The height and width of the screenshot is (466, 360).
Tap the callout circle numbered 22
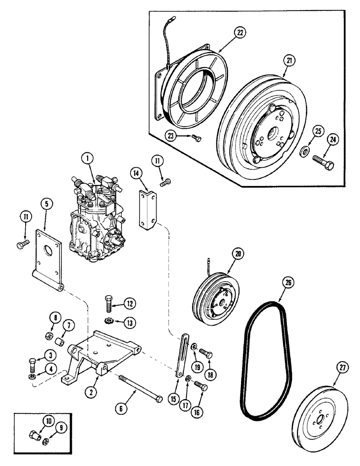[x=240, y=33]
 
